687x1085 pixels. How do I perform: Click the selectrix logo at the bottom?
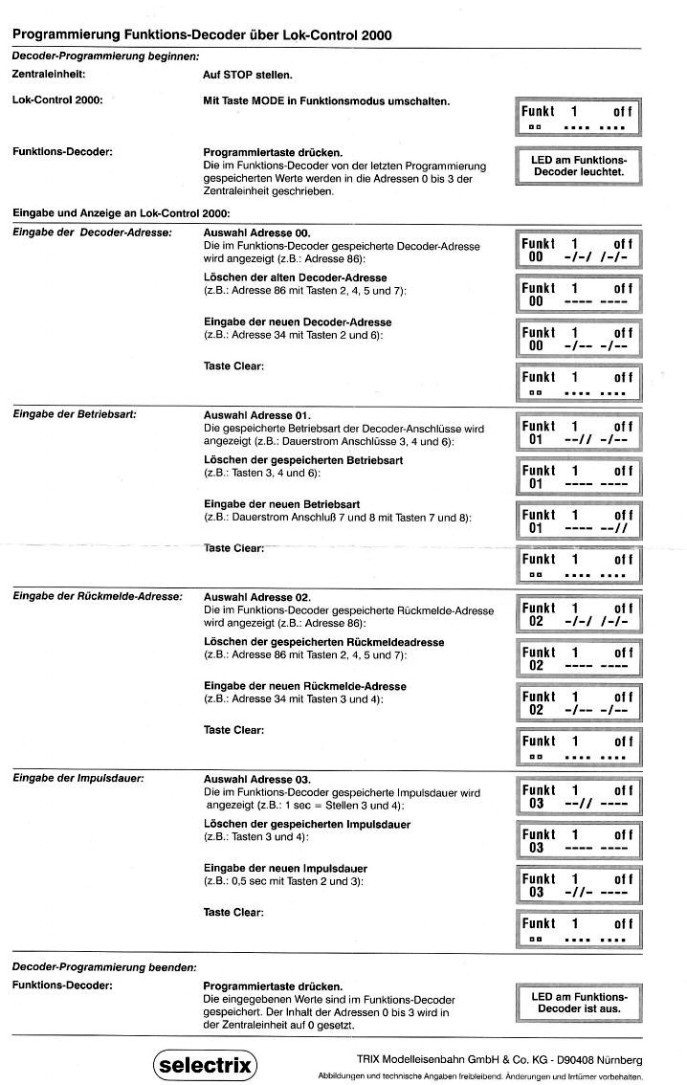click(204, 1063)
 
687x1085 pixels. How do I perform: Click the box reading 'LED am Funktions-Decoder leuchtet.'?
click(578, 166)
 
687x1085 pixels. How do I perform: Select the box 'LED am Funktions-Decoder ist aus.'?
click(578, 1002)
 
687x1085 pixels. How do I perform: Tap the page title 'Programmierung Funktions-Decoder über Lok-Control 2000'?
click(202, 34)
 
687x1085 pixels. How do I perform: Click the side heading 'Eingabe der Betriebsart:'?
click(74, 415)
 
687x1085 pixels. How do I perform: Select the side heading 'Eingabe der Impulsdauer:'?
click(78, 778)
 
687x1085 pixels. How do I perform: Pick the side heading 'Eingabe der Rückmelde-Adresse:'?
click(97, 597)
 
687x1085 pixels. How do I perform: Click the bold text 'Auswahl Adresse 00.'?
click(258, 233)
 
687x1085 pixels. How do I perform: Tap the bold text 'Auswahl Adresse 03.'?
click(258, 778)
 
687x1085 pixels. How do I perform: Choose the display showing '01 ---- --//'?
click(578, 521)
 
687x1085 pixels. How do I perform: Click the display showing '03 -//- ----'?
click(578, 885)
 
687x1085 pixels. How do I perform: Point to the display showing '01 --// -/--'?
click(578, 432)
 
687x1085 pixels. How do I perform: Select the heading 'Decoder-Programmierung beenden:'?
click(103, 967)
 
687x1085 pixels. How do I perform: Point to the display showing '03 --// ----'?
click(578, 796)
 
